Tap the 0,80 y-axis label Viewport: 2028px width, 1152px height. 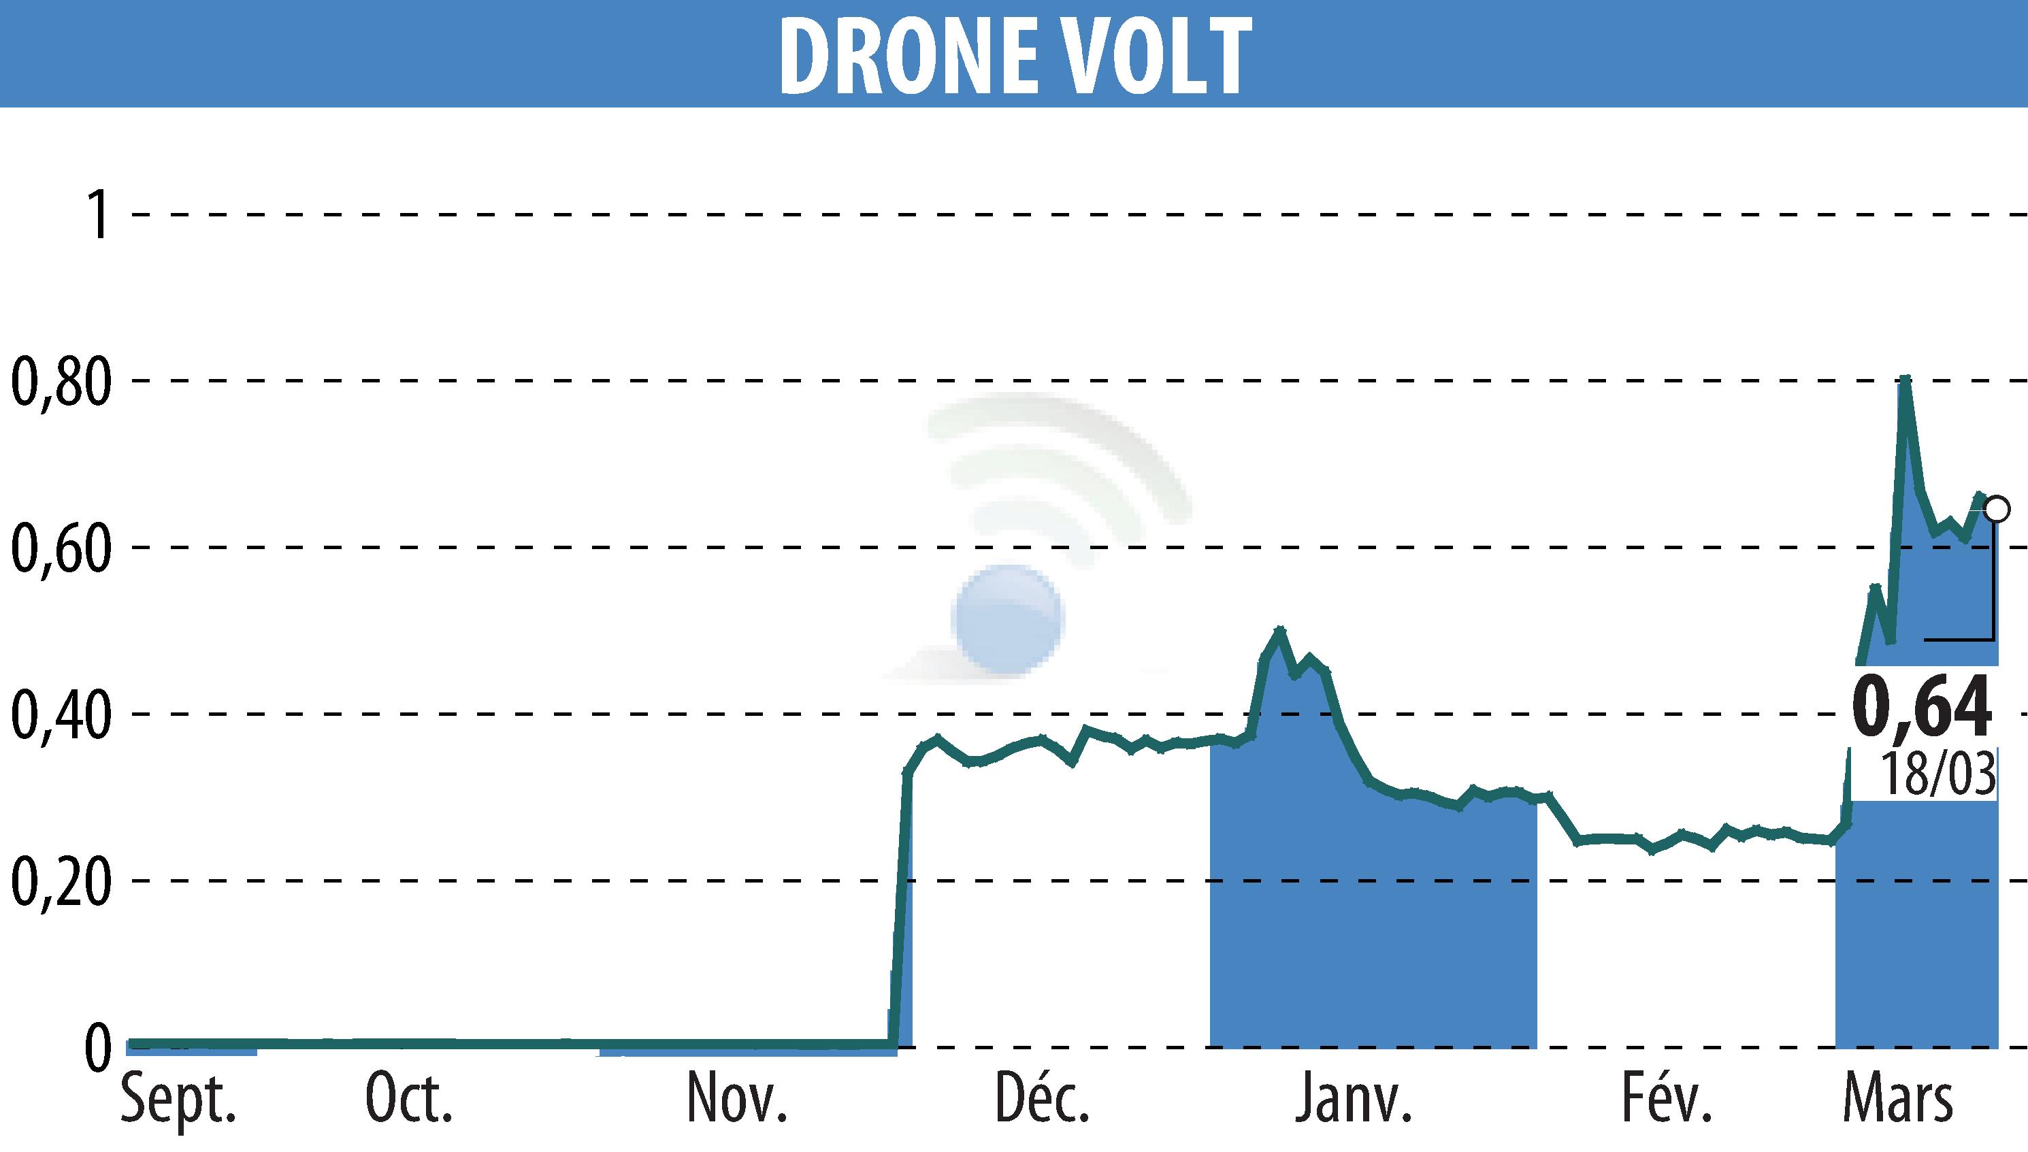[x=60, y=381]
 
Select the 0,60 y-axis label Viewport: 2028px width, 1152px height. [x=60, y=548]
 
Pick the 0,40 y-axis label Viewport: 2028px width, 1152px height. [x=60, y=714]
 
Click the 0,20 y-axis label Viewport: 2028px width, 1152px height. [x=60, y=881]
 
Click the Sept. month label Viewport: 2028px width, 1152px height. [x=178, y=1098]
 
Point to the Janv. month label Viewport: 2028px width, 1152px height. [x=1353, y=1098]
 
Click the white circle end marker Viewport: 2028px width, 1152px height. [x=1997, y=510]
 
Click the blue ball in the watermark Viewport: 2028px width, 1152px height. [x=1008, y=619]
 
